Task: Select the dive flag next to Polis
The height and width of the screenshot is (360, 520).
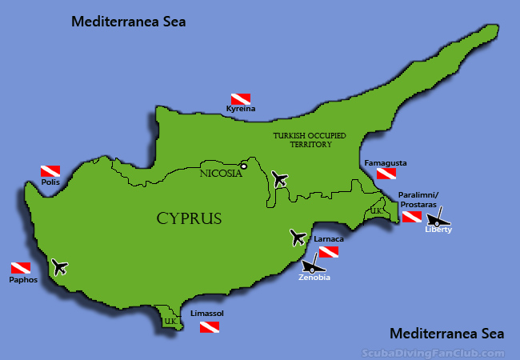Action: coord(50,171)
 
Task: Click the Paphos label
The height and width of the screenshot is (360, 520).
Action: coord(24,280)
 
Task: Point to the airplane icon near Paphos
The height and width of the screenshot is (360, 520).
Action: coord(58,266)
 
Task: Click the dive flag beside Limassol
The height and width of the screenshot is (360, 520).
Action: coord(210,326)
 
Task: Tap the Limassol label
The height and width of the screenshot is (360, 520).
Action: coord(207,314)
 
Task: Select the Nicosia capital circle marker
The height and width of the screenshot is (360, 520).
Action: coord(244,166)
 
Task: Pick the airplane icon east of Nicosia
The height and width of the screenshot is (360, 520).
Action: coord(279,179)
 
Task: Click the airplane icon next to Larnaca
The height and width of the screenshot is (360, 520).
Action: coord(298,237)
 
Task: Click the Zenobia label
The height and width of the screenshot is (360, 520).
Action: coord(314,278)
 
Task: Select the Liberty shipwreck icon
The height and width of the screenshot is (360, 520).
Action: coord(438,219)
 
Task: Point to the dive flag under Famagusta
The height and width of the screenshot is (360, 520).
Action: coord(387,174)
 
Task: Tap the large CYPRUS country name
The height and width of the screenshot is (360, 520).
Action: coord(189,218)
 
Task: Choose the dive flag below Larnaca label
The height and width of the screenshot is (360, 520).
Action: coord(329,251)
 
